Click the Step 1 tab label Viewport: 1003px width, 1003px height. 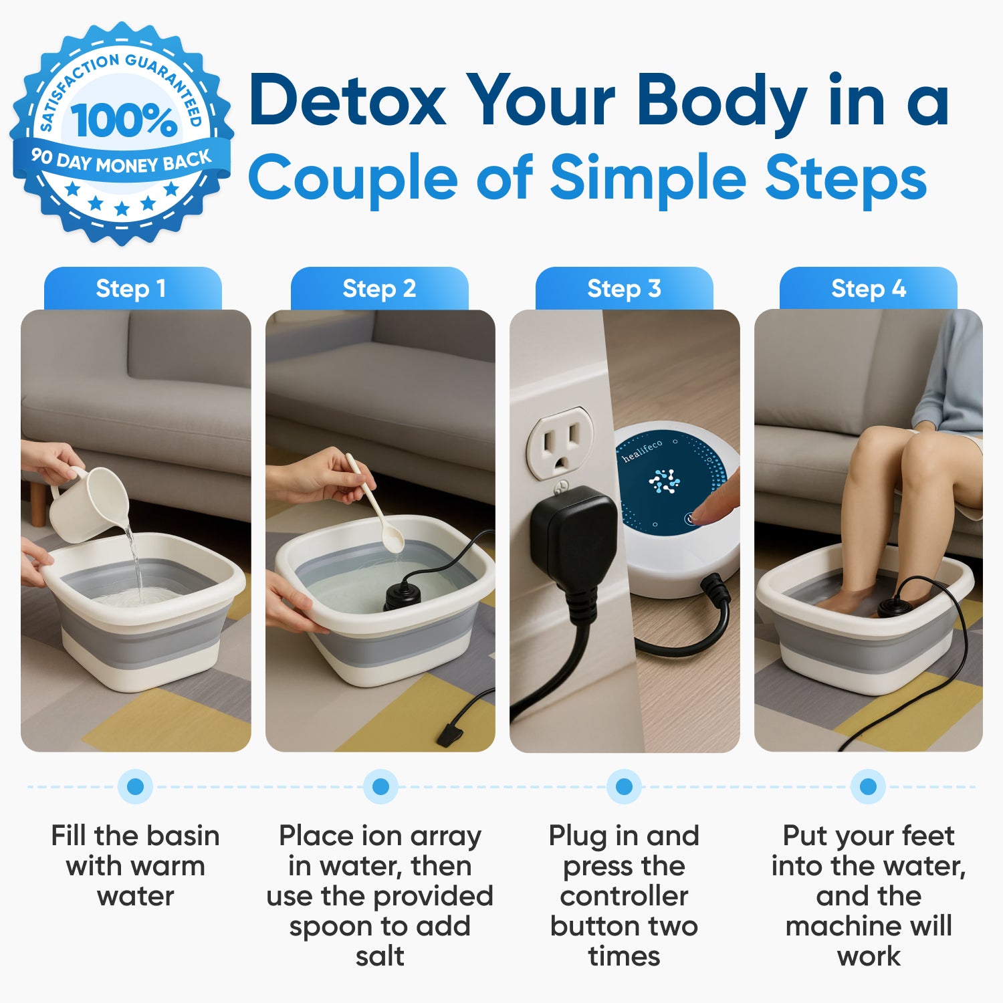pos(132,289)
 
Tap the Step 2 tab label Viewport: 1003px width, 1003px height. pos(379,289)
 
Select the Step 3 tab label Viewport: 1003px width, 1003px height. pos(624,289)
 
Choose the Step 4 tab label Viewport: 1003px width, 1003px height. pos(868,289)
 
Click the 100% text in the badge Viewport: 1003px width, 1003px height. pos(124,120)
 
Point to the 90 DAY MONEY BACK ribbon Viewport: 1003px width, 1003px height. pos(121,161)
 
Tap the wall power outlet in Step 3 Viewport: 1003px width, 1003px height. pos(560,444)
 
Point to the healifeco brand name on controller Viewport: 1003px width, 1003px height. pos(642,451)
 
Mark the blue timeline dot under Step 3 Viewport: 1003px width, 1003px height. pos(624,786)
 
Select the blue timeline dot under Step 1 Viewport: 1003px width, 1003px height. pos(135,786)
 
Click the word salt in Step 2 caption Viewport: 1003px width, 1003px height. pos(379,956)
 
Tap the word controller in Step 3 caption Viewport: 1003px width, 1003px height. pos(624,896)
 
